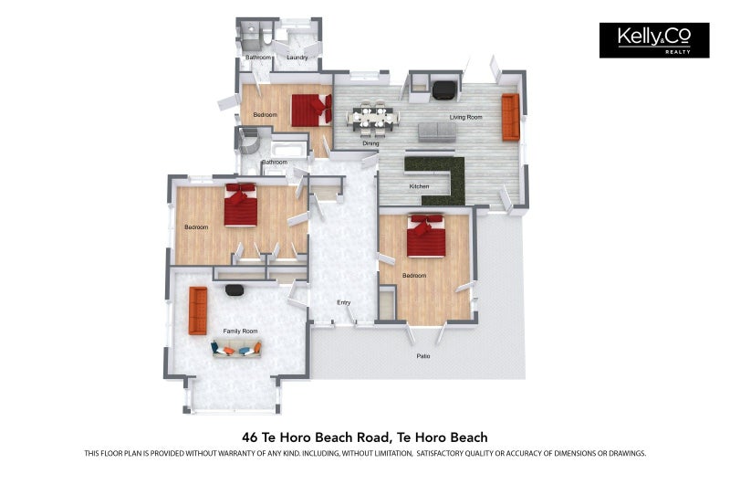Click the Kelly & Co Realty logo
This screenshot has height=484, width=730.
tap(653, 40)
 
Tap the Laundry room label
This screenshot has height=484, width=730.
tap(297, 58)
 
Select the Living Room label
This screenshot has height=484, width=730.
tap(465, 117)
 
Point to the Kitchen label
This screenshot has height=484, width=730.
tap(419, 187)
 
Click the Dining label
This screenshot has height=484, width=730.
tap(370, 143)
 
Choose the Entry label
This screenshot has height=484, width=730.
tap(343, 302)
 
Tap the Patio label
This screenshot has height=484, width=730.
tap(422, 355)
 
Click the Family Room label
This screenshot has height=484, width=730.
tap(241, 331)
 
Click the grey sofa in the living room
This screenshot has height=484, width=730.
tap(437, 132)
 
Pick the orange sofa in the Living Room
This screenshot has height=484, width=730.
tap(510, 117)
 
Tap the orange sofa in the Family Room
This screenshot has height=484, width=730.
tap(197, 310)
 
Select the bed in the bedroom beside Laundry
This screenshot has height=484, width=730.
tap(311, 110)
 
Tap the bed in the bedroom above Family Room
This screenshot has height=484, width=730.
tap(242, 205)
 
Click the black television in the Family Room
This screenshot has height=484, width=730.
tap(235, 289)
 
